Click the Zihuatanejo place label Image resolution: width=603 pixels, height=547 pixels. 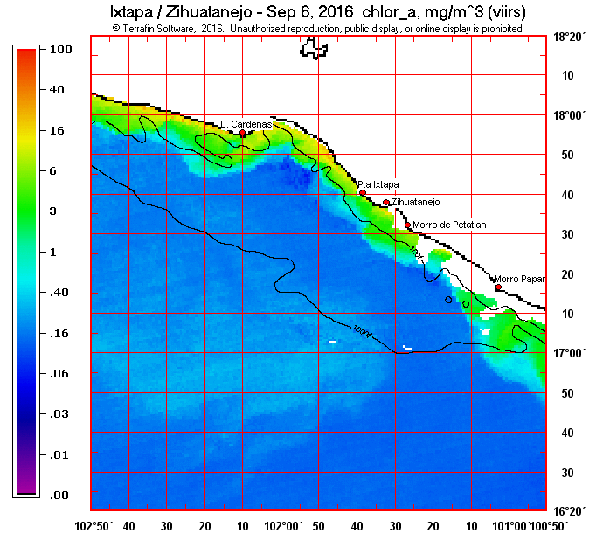coord(416,202)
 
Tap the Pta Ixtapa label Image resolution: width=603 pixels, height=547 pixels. coord(378,184)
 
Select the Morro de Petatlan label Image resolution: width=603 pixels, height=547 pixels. coord(449,225)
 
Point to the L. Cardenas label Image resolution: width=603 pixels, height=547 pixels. coord(246,124)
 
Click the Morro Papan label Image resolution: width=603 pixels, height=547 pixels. coord(519,280)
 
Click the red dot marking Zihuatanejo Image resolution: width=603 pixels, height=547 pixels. coord(386,203)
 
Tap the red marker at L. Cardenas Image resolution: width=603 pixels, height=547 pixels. coord(243,133)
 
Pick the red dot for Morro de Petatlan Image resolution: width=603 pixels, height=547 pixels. coord(407,225)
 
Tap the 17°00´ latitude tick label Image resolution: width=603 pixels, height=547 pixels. coord(569,353)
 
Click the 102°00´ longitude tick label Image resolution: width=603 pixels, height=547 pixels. coord(285,526)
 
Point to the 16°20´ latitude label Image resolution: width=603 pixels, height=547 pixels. coord(569,511)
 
